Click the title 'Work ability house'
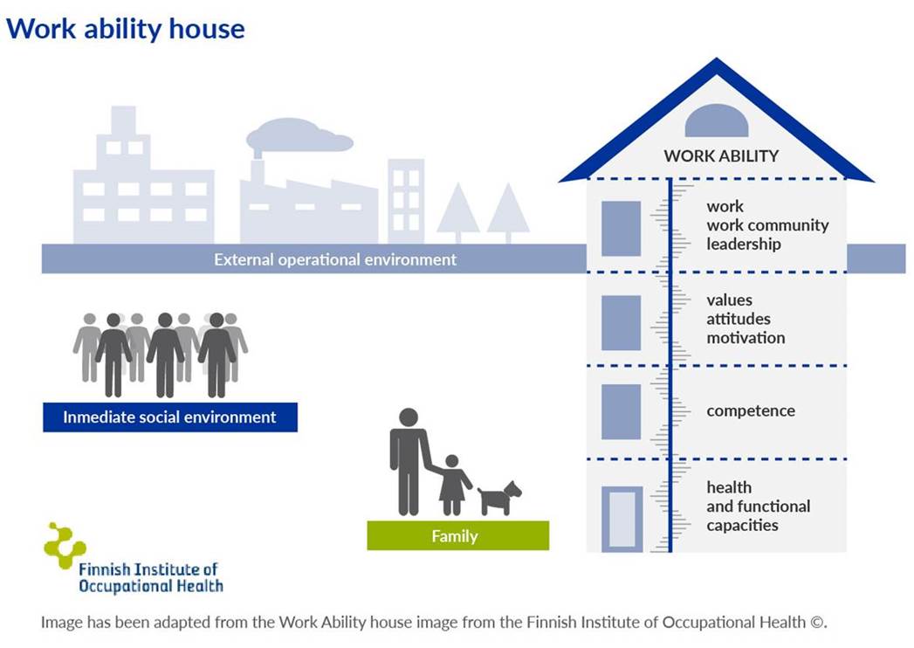pos(126,29)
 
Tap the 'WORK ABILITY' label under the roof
pos(721,156)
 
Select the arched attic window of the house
pos(717,121)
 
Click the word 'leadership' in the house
pos(743,244)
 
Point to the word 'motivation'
pos(746,338)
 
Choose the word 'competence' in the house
pos(751,410)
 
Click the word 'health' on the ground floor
pos(729,487)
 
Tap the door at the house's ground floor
pos(622,519)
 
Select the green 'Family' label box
pos(457,535)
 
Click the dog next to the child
pos(499,498)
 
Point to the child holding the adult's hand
pos(453,486)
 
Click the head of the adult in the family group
pos(409,417)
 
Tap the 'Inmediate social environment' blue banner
pos(170,417)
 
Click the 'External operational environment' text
pos(335,259)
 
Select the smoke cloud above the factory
pos(299,135)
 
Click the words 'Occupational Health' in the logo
pos(151,586)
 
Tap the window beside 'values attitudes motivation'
pos(621,322)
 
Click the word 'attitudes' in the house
pos(738,319)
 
